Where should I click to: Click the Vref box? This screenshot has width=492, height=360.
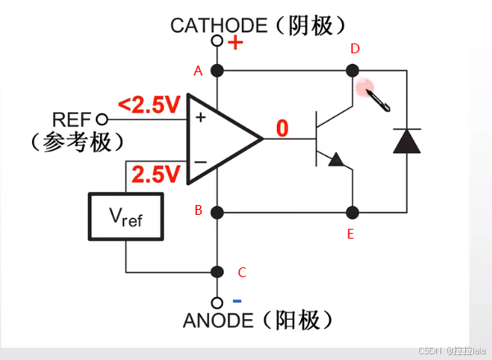pos(126,216)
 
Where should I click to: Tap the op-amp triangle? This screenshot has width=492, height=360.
pos(221,139)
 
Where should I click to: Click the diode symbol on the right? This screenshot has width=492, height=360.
pos(407,140)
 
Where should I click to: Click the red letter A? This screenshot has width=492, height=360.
pos(198,71)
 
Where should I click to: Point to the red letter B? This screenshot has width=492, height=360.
pos(198,211)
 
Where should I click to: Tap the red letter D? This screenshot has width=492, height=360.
pos(355,49)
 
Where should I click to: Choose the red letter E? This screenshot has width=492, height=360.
pos(351,235)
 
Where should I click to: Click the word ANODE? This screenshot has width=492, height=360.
pos(217,321)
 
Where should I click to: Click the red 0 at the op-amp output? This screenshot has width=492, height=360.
pos(282,128)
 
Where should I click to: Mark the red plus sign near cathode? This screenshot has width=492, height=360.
pos(235,42)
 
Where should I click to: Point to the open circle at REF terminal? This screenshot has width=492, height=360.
pos(102,119)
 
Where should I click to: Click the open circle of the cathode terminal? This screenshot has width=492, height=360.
pos(217,40)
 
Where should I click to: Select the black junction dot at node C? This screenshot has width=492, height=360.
pos(217,272)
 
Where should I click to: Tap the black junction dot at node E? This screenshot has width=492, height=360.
pos(352,212)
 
